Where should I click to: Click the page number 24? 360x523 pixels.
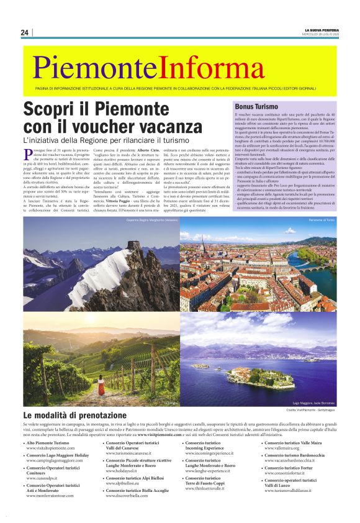click(25, 32)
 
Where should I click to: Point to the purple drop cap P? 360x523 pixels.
click(27, 153)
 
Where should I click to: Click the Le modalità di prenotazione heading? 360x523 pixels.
click(74, 414)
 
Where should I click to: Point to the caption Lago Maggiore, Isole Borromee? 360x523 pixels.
click(310, 403)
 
